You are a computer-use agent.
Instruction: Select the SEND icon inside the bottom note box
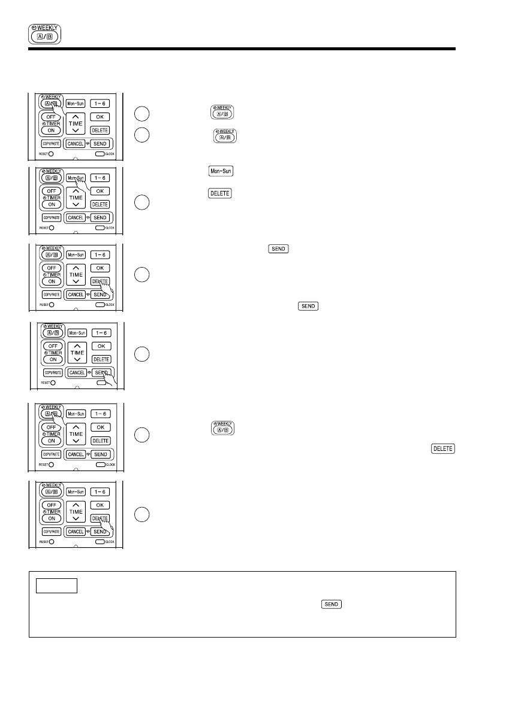tap(331, 604)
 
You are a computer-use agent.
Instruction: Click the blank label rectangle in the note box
tap(56, 585)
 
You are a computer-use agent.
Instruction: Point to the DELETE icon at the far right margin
tap(442, 448)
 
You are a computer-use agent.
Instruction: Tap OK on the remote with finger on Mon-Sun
tap(100, 190)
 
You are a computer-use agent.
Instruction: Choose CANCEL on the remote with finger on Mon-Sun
tap(76, 217)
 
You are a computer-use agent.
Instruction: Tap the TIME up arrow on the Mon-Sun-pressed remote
tap(76, 186)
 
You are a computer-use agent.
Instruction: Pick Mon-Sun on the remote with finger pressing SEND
tap(76, 332)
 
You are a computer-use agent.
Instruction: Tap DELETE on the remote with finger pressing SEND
tap(101, 359)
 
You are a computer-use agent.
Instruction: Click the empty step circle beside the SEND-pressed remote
tap(140, 354)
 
